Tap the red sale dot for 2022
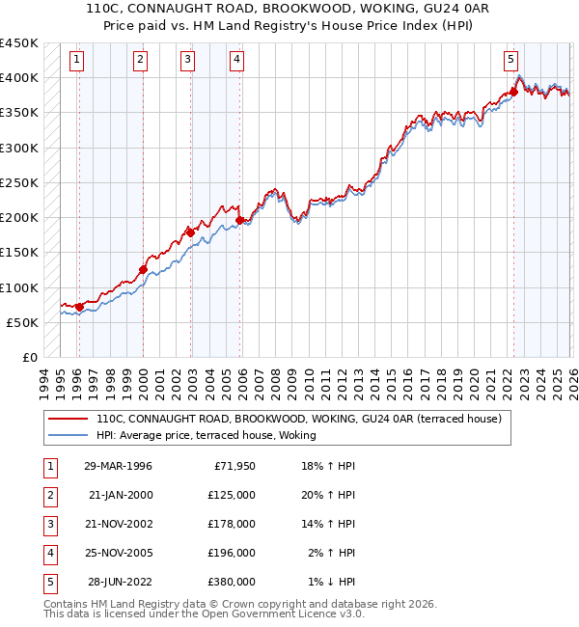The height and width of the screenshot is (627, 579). tap(513, 93)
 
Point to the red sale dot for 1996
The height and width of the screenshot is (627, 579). tap(78, 307)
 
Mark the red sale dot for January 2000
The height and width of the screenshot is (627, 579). tap(143, 270)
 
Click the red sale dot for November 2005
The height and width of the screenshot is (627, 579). tap(240, 220)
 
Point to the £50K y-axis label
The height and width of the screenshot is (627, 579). tap(22, 322)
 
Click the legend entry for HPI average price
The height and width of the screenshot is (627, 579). tap(207, 436)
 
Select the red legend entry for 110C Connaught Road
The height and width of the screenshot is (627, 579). tap(298, 420)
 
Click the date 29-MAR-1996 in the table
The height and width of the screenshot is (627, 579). tap(118, 466)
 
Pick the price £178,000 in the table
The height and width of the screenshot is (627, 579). tap(231, 524)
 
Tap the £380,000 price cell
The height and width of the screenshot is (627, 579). tap(231, 582)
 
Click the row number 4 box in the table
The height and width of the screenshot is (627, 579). tap(48, 553)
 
